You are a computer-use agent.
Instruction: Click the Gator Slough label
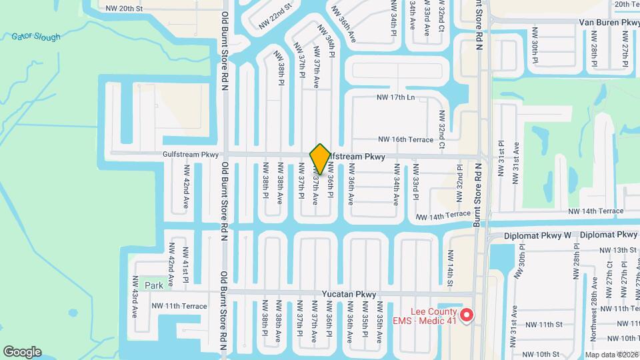click(36, 37)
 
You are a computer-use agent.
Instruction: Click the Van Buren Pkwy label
click(609, 22)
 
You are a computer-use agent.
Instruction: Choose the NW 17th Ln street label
click(396, 97)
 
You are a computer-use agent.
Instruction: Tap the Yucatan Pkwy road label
click(351, 294)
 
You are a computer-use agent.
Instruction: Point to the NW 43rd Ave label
click(135, 295)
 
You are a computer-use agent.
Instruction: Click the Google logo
click(22, 352)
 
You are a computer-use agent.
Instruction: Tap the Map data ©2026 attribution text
click(612, 354)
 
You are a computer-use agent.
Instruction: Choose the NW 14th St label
click(451, 275)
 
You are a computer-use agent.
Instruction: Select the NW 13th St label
click(613, 250)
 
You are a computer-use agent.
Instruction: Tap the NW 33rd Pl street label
click(415, 182)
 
